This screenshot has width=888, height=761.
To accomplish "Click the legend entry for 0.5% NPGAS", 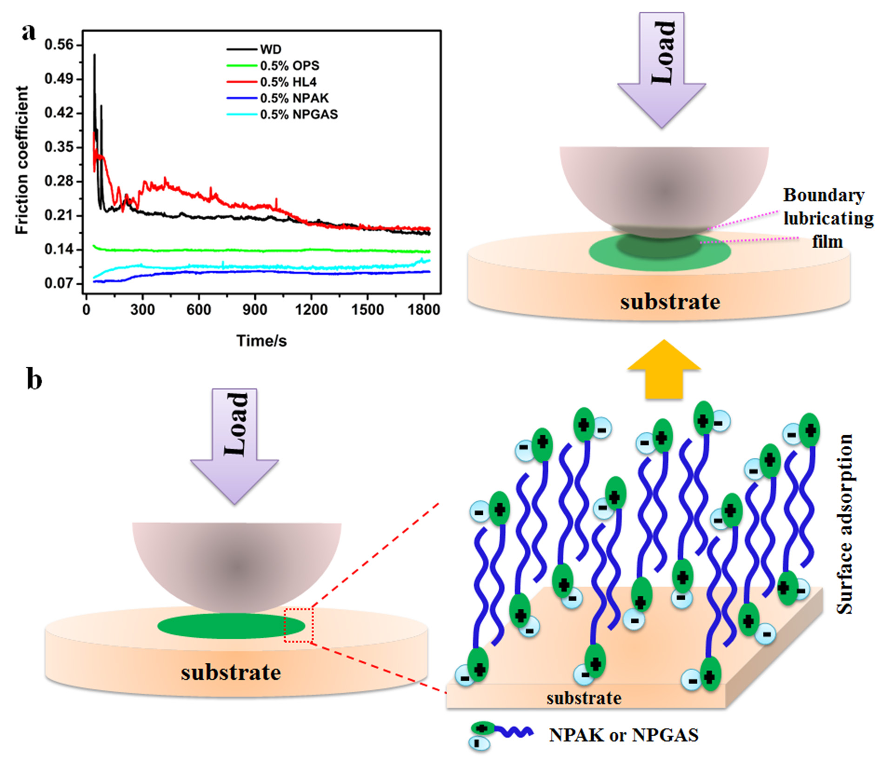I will tap(299, 114).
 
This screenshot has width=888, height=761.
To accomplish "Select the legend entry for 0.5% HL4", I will tap(288, 82).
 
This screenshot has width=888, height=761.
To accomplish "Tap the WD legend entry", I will tap(270, 49).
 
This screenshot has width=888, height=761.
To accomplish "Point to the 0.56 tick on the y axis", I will tap(59, 45).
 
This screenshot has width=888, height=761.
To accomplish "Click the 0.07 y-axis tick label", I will tap(59, 283).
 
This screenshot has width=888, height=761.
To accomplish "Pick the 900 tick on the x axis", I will tap(254, 310).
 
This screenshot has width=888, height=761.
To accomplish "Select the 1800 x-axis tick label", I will tap(423, 310).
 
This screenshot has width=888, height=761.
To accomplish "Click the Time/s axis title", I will tap(261, 341).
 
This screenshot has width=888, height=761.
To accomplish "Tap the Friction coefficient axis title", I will tap(22, 160).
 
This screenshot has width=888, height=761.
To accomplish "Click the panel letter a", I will tap(29, 33).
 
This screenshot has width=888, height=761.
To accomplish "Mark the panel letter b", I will tap(34, 379).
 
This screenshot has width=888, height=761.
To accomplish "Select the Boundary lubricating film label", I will tap(828, 218).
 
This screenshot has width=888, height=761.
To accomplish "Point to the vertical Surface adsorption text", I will tap(844, 524).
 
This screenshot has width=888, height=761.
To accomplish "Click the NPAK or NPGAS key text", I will tap(623, 735).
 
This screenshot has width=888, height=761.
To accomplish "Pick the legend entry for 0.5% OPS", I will tap(289, 66).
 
